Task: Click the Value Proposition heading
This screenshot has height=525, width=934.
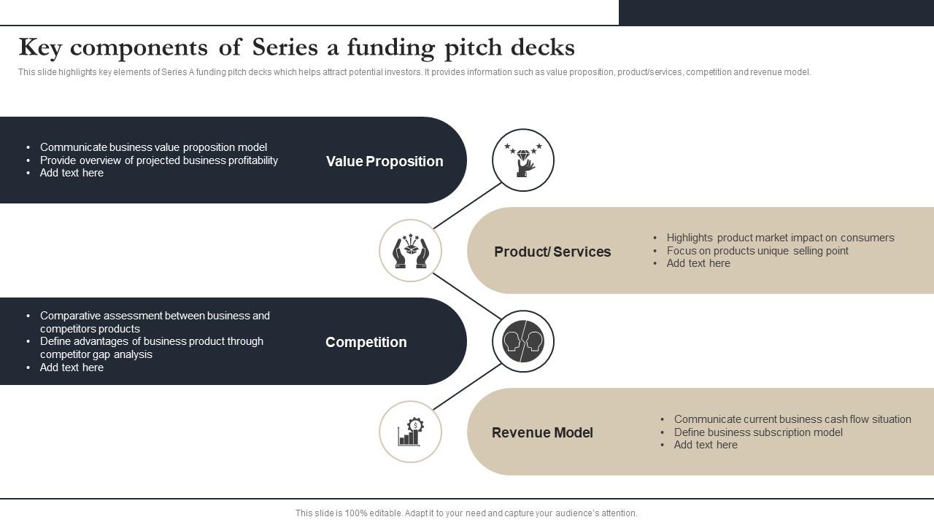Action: point(385,161)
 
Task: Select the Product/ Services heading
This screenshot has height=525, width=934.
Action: point(552,252)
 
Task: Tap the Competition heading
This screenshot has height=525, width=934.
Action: point(366,342)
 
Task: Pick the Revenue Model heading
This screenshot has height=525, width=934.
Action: point(542,432)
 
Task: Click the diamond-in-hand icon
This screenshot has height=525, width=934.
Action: point(523,160)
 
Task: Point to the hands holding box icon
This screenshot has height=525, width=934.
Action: point(410,251)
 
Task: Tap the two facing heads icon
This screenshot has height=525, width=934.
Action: point(523,341)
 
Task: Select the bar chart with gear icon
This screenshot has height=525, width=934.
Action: point(410,432)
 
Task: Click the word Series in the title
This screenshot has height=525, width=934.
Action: point(285,47)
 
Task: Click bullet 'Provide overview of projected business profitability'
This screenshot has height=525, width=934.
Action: point(159,160)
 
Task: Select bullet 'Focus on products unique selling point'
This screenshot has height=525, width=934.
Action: point(757,251)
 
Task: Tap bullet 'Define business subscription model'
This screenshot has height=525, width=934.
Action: point(758,432)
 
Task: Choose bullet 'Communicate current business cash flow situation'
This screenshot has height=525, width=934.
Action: point(792,419)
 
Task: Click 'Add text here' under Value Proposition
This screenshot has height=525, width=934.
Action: point(72,173)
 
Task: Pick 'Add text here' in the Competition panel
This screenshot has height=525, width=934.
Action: point(72,367)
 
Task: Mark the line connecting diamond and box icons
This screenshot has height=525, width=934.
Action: point(467,206)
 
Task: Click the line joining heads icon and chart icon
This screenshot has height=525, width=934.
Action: point(467,386)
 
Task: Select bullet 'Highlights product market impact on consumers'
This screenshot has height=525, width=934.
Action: point(780,238)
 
